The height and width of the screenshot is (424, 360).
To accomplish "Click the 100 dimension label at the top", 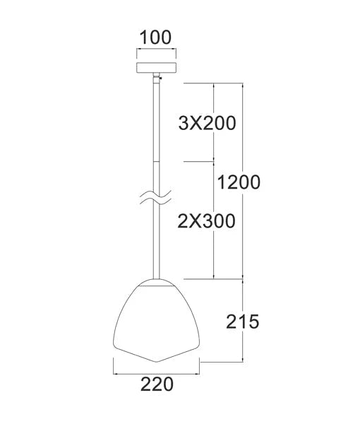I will pyautogui.click(x=155, y=37).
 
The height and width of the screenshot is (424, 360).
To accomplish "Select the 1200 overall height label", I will pyautogui.click(x=239, y=182).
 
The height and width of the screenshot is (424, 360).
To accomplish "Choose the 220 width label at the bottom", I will pyautogui.click(x=157, y=384).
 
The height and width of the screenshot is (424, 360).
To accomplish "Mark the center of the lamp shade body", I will pyautogui.click(x=156, y=318).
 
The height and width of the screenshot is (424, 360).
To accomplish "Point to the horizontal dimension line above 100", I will pyautogui.click(x=155, y=52).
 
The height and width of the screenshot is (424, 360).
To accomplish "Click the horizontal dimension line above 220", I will pyautogui.click(x=157, y=370).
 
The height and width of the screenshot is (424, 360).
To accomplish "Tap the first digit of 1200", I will pyautogui.click(x=222, y=182).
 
